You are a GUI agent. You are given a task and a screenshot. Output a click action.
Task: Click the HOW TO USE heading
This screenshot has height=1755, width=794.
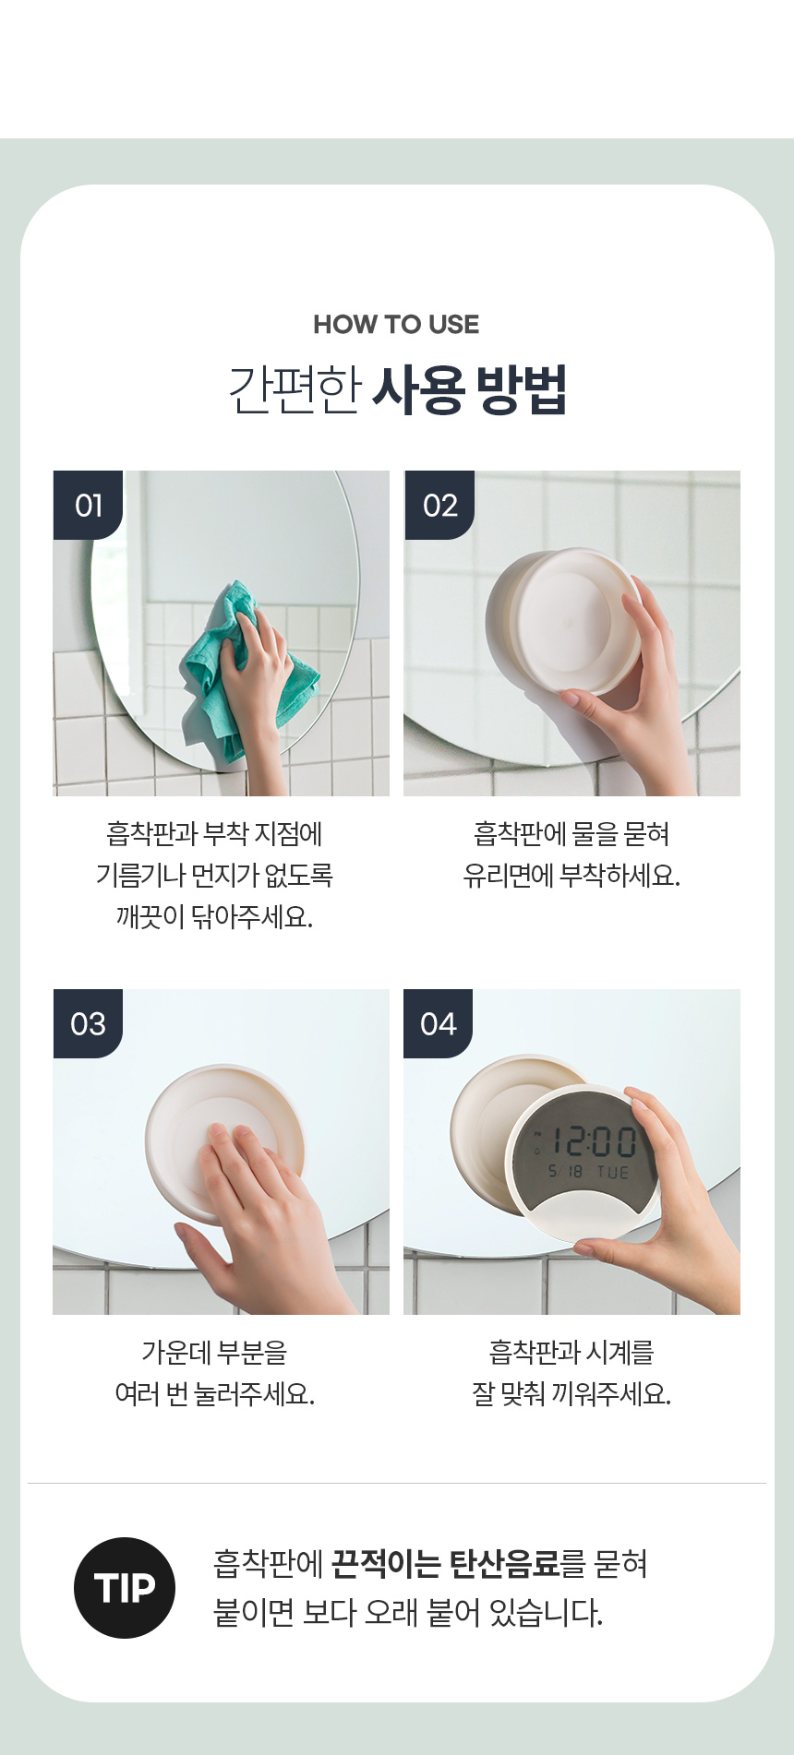click(396, 325)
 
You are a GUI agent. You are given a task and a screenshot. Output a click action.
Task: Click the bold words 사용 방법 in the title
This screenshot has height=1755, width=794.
click(469, 390)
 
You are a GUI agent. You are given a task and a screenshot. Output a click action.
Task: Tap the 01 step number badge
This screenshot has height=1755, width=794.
click(88, 505)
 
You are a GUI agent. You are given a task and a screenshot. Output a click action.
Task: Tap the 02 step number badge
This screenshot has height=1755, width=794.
click(439, 505)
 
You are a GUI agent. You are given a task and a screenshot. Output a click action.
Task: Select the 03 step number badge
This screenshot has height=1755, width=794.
click(88, 1023)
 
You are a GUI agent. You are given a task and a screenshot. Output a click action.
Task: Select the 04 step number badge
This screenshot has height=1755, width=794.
click(439, 1023)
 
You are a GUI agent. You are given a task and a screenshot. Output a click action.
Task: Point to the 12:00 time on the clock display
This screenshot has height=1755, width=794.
click(595, 1142)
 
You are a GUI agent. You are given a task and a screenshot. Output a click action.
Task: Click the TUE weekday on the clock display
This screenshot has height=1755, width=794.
click(613, 1172)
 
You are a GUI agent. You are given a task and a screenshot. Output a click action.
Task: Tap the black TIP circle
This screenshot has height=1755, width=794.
click(125, 1588)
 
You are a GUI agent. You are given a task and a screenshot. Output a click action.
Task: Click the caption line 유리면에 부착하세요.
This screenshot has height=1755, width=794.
click(571, 875)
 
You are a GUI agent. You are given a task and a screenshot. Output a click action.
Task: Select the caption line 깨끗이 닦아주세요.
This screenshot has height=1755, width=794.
click(214, 916)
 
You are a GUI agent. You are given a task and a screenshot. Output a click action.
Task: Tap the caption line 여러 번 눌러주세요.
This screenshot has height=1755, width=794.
click(214, 1393)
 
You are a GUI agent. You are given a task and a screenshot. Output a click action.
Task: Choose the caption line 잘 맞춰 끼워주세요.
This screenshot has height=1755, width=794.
click(571, 1393)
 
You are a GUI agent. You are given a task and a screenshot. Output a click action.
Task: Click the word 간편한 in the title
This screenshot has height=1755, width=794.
click(295, 390)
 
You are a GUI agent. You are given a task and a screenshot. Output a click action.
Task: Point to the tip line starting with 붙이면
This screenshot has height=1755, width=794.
click(407, 1613)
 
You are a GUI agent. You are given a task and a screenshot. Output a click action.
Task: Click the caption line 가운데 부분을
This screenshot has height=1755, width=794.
click(214, 1352)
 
